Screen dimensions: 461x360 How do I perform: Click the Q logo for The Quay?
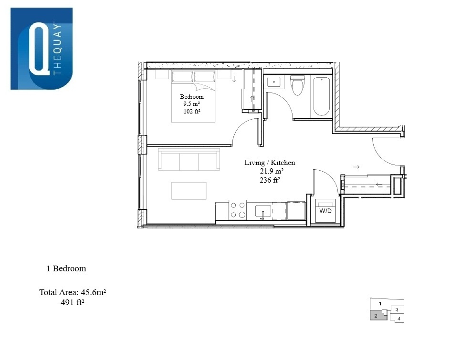(x=42, y=49)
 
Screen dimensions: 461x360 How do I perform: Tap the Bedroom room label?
(x=192, y=97)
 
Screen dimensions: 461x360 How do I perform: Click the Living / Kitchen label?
(x=270, y=163)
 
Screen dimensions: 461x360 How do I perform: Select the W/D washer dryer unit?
(x=325, y=211)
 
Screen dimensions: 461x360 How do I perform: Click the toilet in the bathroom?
(x=297, y=85)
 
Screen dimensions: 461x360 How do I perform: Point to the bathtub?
(x=321, y=96)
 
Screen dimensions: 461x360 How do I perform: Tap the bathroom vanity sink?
(x=274, y=82)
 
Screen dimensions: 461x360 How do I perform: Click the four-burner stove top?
(x=238, y=210)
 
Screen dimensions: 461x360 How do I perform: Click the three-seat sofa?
(x=189, y=159)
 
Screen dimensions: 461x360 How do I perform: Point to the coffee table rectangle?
(x=189, y=191)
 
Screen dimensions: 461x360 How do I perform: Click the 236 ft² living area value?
(x=270, y=180)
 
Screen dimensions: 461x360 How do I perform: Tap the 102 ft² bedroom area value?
(x=192, y=111)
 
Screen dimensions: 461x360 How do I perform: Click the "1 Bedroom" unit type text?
(x=66, y=268)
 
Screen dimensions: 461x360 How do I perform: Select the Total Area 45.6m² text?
(x=73, y=292)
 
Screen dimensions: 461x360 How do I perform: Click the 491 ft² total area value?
(x=73, y=302)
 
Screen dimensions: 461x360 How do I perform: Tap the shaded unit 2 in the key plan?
(x=377, y=315)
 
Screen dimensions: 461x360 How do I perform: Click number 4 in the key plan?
(x=398, y=319)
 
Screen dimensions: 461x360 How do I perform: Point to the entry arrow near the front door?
(x=356, y=167)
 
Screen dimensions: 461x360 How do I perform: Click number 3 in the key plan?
(x=397, y=310)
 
